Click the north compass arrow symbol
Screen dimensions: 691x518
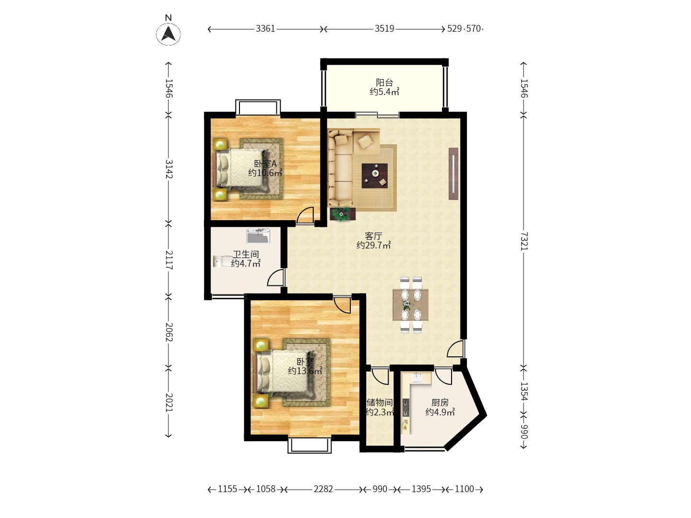click(x=168, y=34)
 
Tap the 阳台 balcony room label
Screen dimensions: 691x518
click(x=384, y=82)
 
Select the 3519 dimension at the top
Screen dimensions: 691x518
click(x=384, y=29)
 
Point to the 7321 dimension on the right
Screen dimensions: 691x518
click(x=524, y=241)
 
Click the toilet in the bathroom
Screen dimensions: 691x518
click(x=222, y=261)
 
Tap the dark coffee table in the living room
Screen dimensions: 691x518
click(x=375, y=176)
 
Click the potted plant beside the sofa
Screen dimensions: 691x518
click(x=343, y=214)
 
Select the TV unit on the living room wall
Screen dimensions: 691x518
click(x=453, y=174)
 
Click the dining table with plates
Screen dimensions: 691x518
click(x=410, y=305)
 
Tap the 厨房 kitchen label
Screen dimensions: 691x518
click(x=440, y=402)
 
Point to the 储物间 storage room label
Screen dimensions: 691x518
click(x=380, y=402)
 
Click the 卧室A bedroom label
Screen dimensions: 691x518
click(x=265, y=164)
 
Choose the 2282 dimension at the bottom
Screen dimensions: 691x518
click(x=323, y=489)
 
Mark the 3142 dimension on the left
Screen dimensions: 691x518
click(x=169, y=169)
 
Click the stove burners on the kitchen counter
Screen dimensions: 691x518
click(x=406, y=408)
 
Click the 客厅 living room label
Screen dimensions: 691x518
click(x=374, y=235)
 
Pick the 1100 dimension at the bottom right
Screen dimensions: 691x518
click(x=465, y=489)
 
